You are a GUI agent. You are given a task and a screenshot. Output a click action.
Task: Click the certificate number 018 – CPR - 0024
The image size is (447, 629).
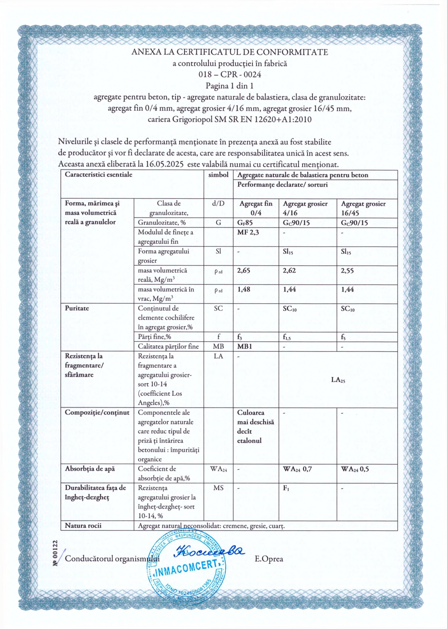coord(230,75)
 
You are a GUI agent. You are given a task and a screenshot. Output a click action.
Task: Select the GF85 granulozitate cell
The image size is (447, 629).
coord(245,223)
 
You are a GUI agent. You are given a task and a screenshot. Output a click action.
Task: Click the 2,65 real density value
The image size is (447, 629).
coord(244,271)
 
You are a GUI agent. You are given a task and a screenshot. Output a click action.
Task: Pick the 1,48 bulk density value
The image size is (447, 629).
coord(244,290)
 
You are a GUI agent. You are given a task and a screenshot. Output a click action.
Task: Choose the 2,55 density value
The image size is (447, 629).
coord(347,271)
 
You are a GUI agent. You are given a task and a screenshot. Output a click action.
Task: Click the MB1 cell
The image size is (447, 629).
coord(245,346)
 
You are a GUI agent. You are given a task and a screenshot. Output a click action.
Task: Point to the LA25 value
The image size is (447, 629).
coord(338,380)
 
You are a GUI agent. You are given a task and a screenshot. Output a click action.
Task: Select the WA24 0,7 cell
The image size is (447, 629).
coord(297,469)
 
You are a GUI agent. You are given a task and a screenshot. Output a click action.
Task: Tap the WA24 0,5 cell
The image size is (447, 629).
coord(355,469)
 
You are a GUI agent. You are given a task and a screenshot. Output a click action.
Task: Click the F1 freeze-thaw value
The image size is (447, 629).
coord(286,488)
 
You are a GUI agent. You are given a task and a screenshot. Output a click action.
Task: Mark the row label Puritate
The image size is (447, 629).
coord(77,308)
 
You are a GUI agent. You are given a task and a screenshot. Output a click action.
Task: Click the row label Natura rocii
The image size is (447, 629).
coord(83,526)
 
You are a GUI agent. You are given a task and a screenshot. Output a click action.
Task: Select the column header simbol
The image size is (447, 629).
coord(218,175)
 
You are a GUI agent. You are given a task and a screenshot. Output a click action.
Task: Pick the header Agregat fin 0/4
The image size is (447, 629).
coord(256,208)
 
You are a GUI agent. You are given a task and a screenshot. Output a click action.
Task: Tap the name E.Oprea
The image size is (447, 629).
coord(269,559)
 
